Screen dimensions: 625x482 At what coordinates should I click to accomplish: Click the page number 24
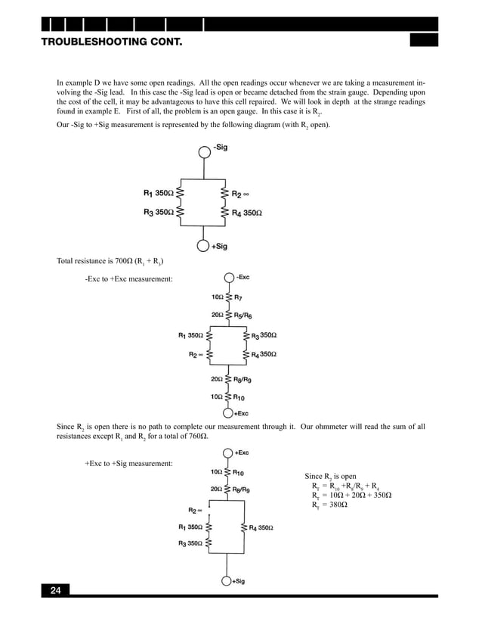click(x=55, y=590)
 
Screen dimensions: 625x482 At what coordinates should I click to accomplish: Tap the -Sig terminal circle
click(x=204, y=151)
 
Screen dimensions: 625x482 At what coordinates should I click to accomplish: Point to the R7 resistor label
click(x=240, y=297)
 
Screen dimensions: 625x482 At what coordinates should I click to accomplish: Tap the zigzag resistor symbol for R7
click(x=227, y=297)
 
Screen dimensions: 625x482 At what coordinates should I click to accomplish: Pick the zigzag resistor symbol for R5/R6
click(x=227, y=314)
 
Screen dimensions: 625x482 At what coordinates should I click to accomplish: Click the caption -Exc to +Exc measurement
click(x=128, y=279)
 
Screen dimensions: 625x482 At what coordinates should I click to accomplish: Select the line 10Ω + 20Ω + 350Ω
click(x=357, y=495)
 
